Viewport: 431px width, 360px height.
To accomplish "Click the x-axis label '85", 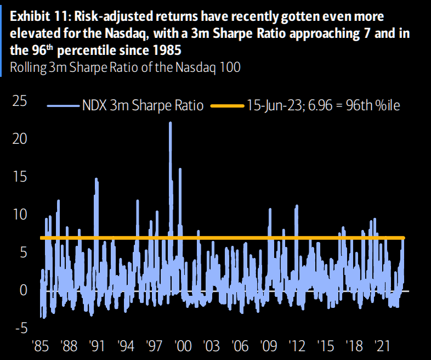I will (41, 347).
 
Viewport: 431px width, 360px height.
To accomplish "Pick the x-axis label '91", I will (97, 347).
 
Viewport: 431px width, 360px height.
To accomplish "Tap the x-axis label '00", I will (182, 347).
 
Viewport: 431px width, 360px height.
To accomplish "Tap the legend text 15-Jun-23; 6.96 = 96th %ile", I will (323, 105).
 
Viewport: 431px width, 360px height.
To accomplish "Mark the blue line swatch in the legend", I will (62, 105).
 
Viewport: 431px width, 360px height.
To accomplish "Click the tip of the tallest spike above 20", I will (170, 122).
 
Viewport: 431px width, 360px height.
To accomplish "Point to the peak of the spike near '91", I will (96, 179).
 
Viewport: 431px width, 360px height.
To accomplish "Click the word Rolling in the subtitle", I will (26, 67).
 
